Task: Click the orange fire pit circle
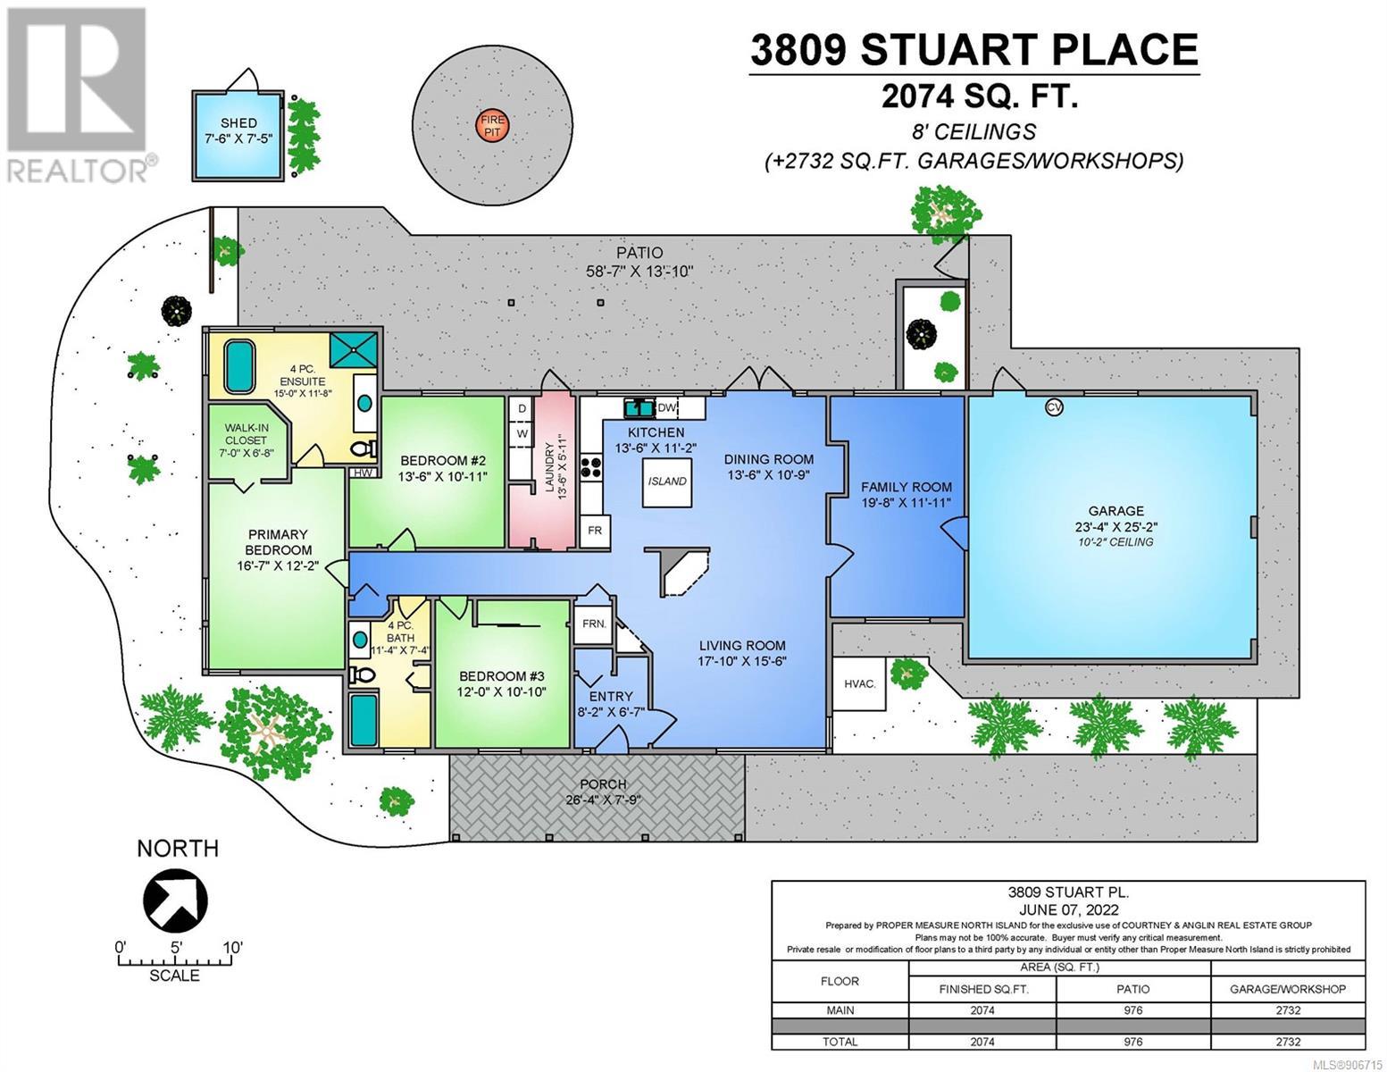tap(492, 126)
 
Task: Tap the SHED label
tap(238, 122)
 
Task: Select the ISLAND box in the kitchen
tap(667, 482)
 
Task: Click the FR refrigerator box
tap(594, 530)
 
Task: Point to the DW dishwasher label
tap(665, 408)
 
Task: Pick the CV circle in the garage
tap(1054, 406)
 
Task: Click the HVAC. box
tap(860, 683)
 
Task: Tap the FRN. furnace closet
tap(594, 624)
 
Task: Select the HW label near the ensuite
tap(363, 473)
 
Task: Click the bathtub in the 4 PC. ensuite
tap(239, 366)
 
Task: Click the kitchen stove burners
tap(589, 467)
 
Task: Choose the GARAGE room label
tap(1115, 511)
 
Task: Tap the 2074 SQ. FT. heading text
tap(979, 97)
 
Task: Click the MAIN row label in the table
tap(840, 1010)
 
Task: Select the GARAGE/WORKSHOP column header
tap(1288, 989)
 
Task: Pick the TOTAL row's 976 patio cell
tap(1133, 1042)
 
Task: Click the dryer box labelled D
tap(522, 408)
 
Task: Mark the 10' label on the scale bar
tap(233, 948)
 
